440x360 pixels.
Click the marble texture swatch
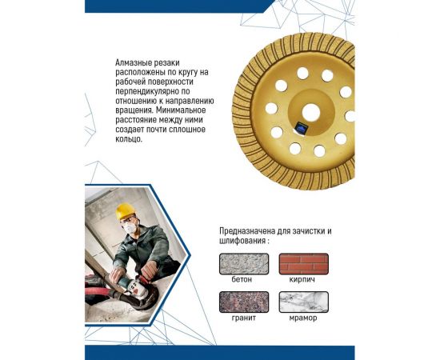pyautogui.click(x=302, y=302)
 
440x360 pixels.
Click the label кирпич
pyautogui.click(x=302, y=280)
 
